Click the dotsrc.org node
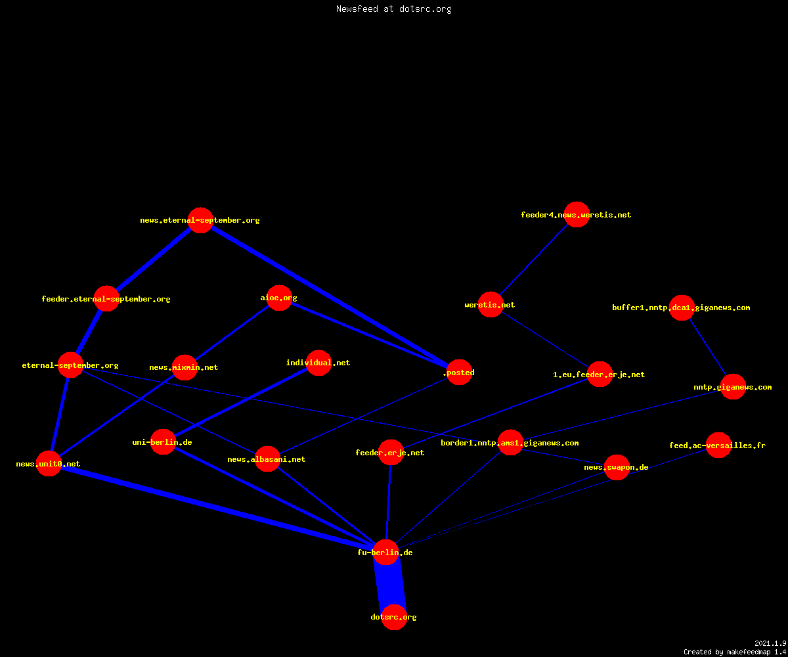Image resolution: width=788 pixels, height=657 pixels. pos(394,617)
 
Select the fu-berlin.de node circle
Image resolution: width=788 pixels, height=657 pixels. pos(385,552)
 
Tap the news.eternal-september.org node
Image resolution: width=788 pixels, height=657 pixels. pos(200,220)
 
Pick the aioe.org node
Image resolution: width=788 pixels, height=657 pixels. pos(279,298)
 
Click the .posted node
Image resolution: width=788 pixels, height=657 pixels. pos(459,373)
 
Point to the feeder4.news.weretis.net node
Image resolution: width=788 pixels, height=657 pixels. pos(577,214)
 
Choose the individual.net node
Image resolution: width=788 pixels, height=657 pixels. pos(319,363)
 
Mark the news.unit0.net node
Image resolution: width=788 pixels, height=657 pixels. pos(49,463)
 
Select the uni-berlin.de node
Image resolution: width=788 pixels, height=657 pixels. pos(163,442)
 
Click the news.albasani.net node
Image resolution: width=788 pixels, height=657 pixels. pos(267,459)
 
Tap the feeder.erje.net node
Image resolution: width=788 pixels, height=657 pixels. pos(391,453)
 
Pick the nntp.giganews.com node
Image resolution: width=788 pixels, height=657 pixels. pos(733,387)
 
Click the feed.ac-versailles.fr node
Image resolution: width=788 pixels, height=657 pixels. pos(718,445)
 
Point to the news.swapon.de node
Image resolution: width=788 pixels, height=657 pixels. pos(617,467)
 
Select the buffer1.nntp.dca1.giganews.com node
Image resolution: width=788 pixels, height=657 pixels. pos(682,307)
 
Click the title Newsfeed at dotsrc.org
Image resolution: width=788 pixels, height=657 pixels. pos(393,9)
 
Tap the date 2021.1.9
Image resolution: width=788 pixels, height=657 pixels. pos(770,643)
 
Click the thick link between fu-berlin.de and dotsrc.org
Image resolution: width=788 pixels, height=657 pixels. pos(390,585)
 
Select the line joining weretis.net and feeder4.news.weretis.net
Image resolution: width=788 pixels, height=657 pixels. pos(534,260)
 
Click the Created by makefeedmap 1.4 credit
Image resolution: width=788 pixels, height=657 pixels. pos(735,652)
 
